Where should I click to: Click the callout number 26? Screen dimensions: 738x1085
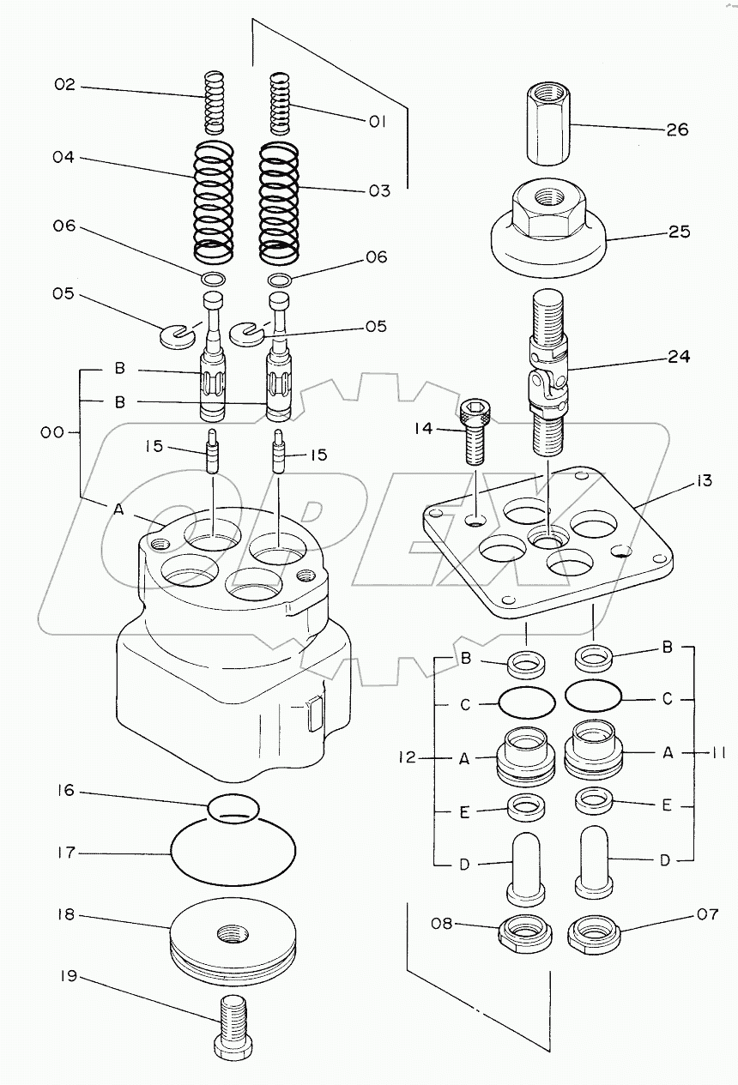click(677, 130)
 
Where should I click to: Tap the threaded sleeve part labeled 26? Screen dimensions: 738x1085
click(548, 124)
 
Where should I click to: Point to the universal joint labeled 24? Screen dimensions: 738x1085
click(548, 372)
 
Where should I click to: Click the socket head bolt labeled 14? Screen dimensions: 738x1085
click(475, 431)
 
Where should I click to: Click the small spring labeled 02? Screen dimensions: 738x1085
click(214, 103)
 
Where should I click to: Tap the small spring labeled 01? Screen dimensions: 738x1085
click(279, 104)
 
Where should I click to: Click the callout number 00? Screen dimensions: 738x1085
click(52, 432)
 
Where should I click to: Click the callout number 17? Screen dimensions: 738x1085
click(66, 853)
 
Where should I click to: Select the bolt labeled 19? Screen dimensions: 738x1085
click(233, 1034)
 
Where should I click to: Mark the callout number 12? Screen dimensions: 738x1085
click(408, 757)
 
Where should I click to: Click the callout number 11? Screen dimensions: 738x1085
click(718, 753)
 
